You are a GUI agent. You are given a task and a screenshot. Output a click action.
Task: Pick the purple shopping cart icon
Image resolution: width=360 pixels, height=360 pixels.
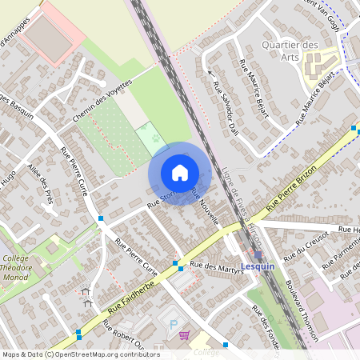(185, 335)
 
